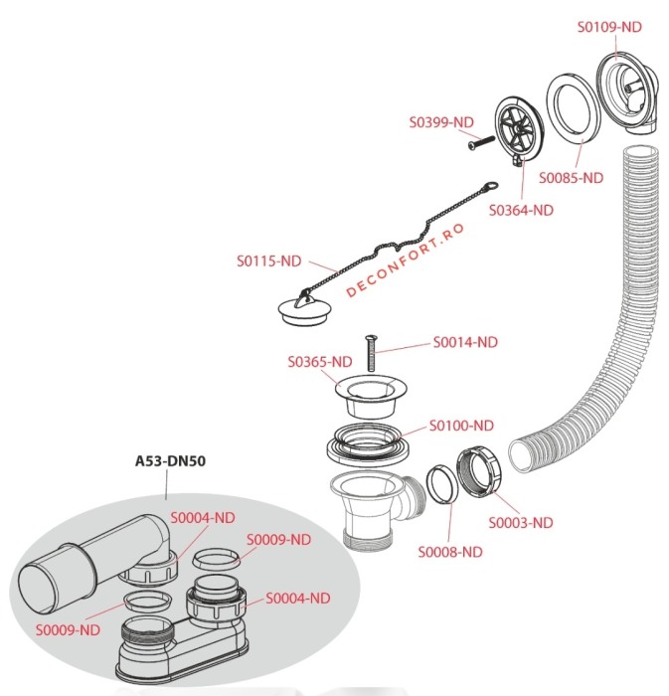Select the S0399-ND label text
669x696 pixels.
[x=441, y=122]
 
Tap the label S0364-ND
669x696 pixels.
[x=521, y=210]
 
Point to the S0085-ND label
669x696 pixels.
[x=571, y=178]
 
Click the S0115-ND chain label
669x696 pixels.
[x=268, y=261]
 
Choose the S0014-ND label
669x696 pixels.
[x=465, y=341]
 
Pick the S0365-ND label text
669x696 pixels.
[x=320, y=361]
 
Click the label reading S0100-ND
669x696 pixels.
[x=460, y=426]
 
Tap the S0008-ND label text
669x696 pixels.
[x=449, y=552]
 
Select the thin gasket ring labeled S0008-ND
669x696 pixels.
[x=438, y=484]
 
